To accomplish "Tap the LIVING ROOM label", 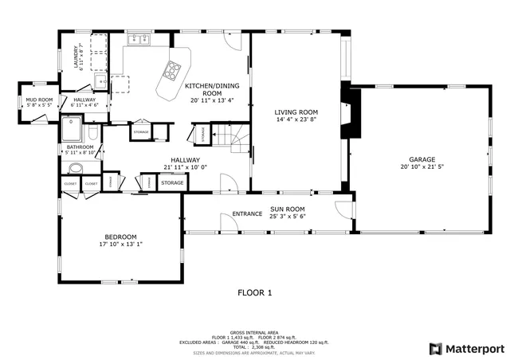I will click(296, 112).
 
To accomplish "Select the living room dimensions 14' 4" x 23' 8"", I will click(296, 119).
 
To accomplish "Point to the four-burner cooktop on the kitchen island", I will click(171, 71).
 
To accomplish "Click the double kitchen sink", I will click(139, 39).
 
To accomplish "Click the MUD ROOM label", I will click(39, 100).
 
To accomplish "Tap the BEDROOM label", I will click(121, 237).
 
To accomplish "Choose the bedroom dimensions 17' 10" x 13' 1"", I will click(121, 245).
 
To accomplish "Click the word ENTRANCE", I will click(247, 213).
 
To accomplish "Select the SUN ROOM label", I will click(288, 209).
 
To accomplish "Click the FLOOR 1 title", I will click(255, 293).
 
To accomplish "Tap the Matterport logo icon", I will click(434, 348).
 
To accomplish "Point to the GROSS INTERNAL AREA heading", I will click(255, 331).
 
